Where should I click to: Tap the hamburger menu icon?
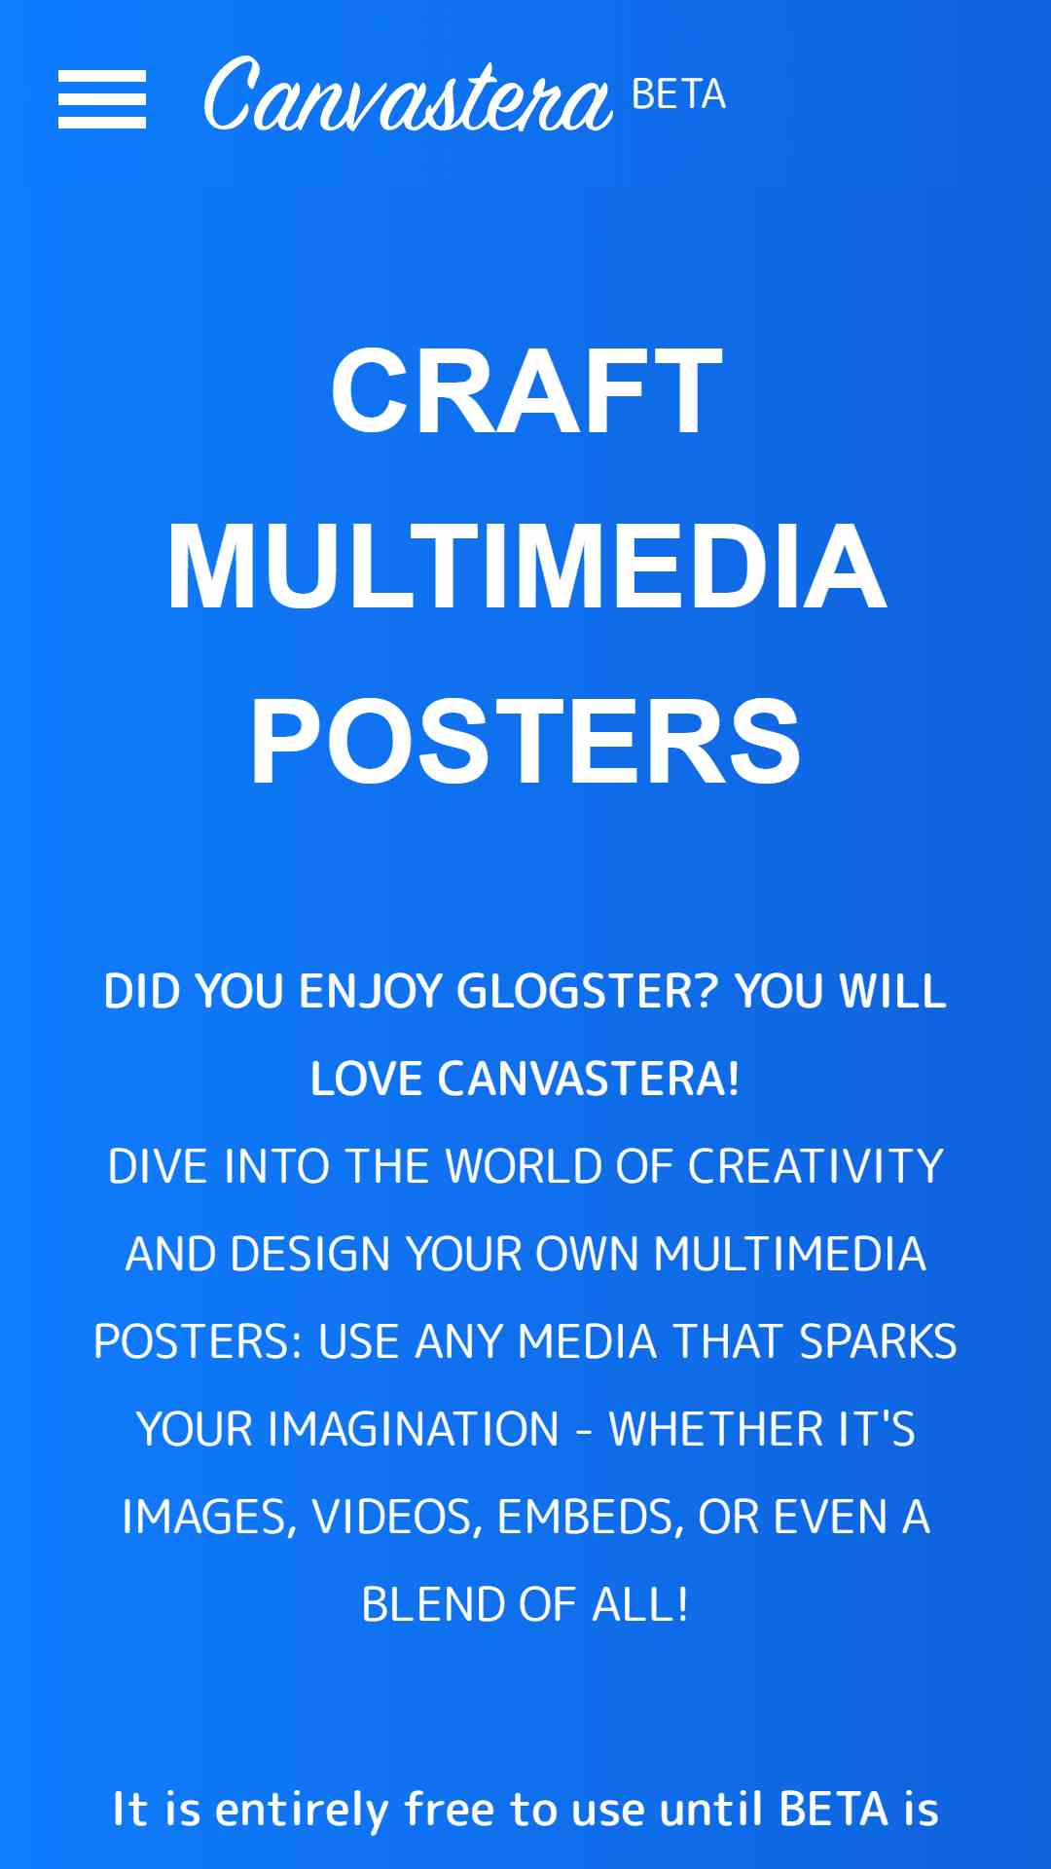pyautogui.click(x=102, y=99)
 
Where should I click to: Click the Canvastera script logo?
pyautogui.click(x=408, y=94)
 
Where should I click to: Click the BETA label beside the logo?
pyautogui.click(x=678, y=94)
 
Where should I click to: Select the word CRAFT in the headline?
pyautogui.click(x=526, y=391)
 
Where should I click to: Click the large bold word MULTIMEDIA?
pyautogui.click(x=526, y=566)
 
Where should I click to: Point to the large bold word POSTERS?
pyautogui.click(x=525, y=741)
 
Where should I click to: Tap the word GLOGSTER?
pyautogui.click(x=587, y=992)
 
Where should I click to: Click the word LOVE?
pyautogui.click(x=368, y=1080)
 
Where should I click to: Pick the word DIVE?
pyautogui.click(x=158, y=1167)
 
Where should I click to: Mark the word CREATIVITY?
pyautogui.click(x=815, y=1167)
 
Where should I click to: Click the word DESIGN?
pyautogui.click(x=310, y=1255)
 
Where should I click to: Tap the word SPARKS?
pyautogui.click(x=878, y=1342)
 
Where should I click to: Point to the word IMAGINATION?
pyautogui.click(x=414, y=1430)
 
